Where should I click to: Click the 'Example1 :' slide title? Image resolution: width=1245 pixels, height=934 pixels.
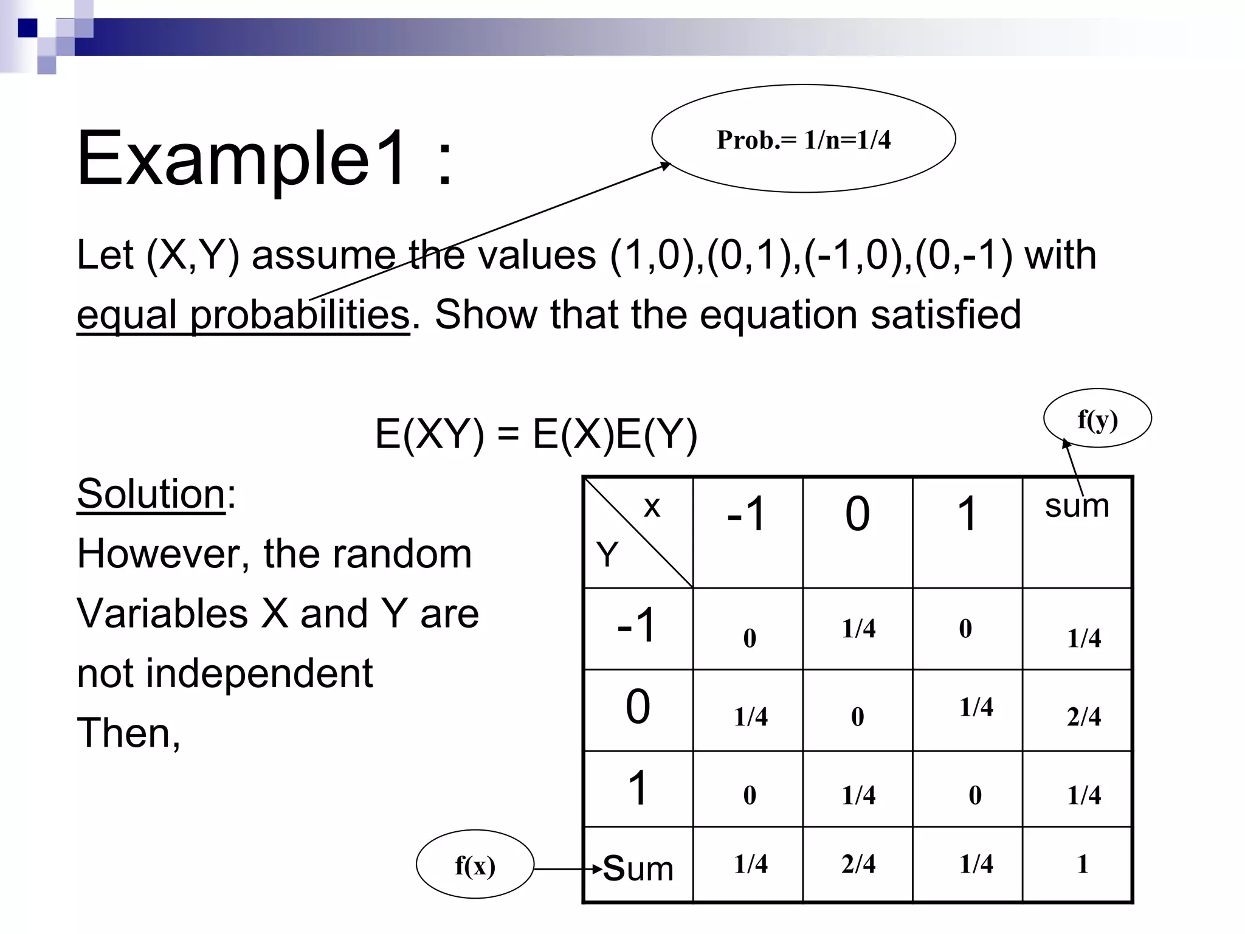(264, 159)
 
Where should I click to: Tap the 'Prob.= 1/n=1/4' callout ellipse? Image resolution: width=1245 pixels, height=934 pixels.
(803, 139)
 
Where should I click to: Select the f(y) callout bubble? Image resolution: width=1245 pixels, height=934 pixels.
(1097, 419)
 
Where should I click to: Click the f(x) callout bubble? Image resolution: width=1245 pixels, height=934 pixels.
(475, 865)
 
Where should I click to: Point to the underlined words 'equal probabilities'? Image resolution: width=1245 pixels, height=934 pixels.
(243, 315)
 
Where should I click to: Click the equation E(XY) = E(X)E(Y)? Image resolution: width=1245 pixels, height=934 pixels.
(536, 435)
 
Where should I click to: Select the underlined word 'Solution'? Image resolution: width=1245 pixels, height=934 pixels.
(151, 494)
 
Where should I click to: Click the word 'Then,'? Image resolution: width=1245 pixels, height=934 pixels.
(128, 733)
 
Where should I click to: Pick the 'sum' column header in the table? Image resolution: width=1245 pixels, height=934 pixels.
(1077, 506)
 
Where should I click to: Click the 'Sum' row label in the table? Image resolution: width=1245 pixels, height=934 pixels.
(638, 868)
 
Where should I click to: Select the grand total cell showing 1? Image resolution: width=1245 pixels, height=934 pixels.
(1082, 864)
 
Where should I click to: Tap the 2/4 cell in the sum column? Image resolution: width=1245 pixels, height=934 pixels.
(1083, 716)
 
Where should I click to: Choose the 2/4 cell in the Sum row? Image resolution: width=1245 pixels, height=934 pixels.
(858, 864)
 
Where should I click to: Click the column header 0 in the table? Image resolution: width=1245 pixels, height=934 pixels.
(857, 514)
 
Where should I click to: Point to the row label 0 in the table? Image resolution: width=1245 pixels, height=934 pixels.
(638, 707)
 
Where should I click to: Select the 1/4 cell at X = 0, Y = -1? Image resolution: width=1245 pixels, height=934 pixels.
(858, 629)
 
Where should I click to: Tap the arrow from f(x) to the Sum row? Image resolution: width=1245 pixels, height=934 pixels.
(568, 869)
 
